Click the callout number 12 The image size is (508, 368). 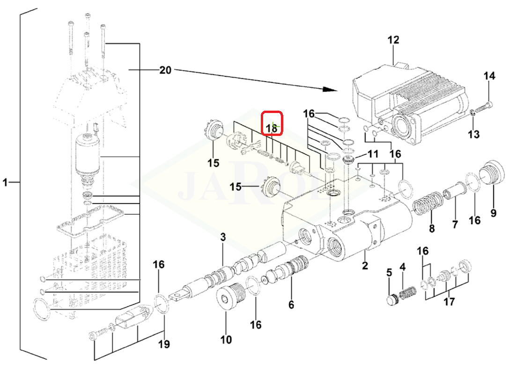pos(393,40)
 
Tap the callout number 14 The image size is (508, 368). pos(489,76)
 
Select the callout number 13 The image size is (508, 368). pos(474,134)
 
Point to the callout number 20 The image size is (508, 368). pos(165,70)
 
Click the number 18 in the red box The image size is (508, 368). pos(272,128)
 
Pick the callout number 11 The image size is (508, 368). pos(373,153)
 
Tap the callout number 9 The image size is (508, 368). pos(493,213)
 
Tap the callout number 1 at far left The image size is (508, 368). pos(5,182)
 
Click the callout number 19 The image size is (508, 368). pos(164,344)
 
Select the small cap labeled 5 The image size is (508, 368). pos(393,299)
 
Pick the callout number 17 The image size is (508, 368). pos(449,301)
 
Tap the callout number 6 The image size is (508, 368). pos(291,304)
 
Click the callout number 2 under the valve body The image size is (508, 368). pos(365,265)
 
